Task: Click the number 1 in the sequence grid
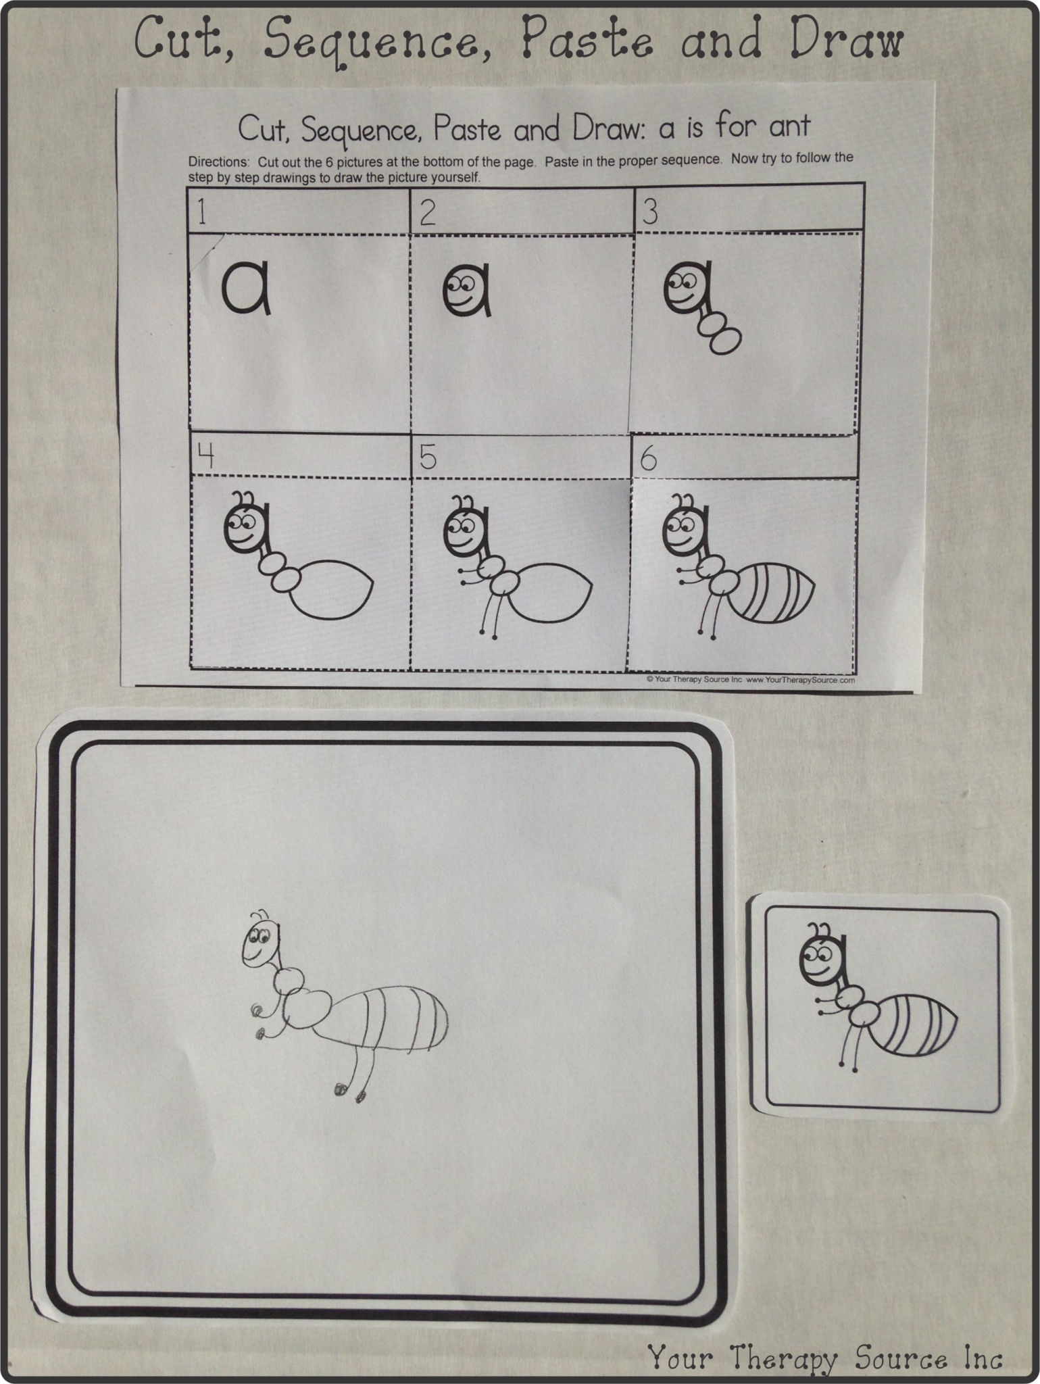[202, 212]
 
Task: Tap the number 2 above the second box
[427, 213]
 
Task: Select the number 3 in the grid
[649, 212]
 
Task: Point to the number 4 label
[205, 457]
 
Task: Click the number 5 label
[428, 458]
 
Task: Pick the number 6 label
[648, 460]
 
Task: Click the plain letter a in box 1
[246, 289]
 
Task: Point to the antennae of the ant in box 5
[464, 503]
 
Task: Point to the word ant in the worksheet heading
[785, 125]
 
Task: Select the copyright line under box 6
[750, 680]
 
